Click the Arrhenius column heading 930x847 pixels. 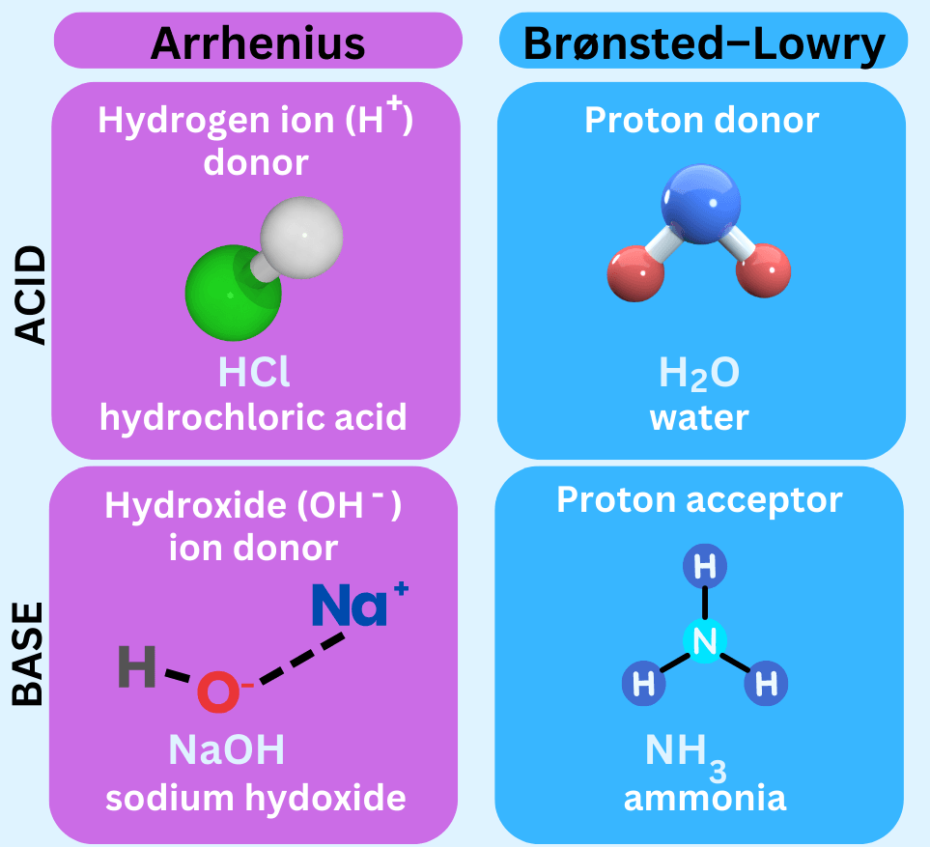pos(258,42)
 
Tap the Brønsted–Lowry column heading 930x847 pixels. pos(703,43)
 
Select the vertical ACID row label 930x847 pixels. pos(31,296)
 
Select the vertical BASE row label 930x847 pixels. pos(31,653)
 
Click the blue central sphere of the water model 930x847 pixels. pos(700,204)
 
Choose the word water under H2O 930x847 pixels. pos(699,417)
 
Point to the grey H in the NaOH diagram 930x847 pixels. pos(137,667)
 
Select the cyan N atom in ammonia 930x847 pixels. pos(705,642)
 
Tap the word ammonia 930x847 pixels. pos(704,799)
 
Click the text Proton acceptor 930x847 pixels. pos(700,499)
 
